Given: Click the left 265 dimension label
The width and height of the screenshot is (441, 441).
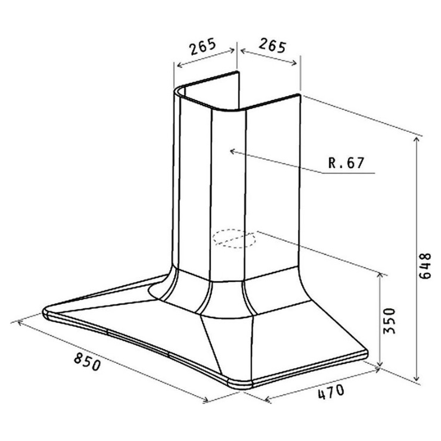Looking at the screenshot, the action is pyautogui.click(x=203, y=46).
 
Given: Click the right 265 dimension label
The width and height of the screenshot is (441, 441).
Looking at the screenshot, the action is pyautogui.click(x=272, y=46).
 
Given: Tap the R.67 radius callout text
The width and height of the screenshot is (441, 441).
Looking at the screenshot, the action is pyautogui.click(x=346, y=163).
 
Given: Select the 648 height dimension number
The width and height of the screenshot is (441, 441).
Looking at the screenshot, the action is pyautogui.click(x=425, y=266).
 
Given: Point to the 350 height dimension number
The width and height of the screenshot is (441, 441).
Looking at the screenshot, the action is pyautogui.click(x=389, y=321).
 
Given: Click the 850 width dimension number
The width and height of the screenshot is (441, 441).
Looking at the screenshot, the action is pyautogui.click(x=87, y=362).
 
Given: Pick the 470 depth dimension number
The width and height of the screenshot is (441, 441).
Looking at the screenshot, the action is pyautogui.click(x=331, y=392).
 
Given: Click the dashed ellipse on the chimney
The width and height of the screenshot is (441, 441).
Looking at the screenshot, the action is pyautogui.click(x=234, y=238).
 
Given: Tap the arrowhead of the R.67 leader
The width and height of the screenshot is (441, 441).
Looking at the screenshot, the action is pyautogui.click(x=232, y=151).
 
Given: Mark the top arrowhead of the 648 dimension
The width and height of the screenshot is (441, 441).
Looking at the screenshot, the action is pyautogui.click(x=417, y=139).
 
